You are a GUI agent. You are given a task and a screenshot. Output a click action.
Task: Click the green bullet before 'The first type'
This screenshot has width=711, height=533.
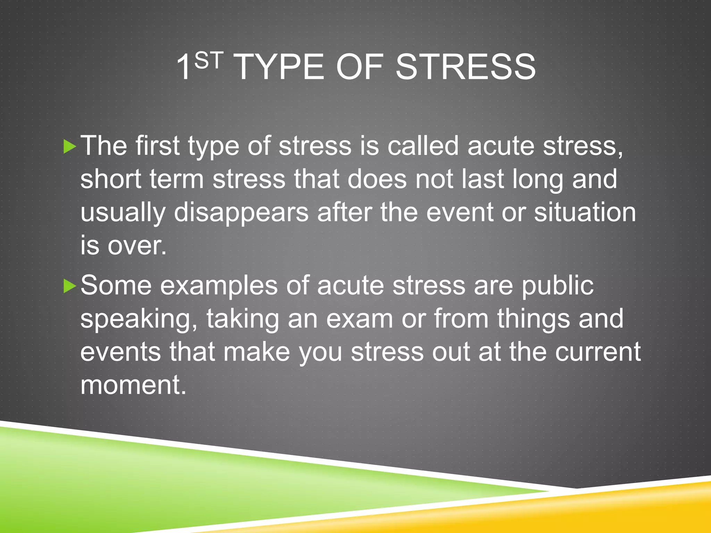point(70,147)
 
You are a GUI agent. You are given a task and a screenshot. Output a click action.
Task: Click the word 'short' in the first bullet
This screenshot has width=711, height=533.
point(111,179)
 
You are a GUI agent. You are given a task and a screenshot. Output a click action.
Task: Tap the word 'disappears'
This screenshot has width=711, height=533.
point(241,212)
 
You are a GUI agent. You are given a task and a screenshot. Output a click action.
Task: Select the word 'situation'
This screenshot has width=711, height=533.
point(585,212)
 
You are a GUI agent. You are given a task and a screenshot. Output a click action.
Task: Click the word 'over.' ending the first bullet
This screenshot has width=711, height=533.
point(137,246)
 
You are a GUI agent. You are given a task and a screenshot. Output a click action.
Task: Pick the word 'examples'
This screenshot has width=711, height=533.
point(219,286)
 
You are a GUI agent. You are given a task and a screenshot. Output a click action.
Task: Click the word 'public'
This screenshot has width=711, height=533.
point(558,286)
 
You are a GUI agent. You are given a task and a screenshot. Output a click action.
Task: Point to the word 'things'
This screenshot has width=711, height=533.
point(533,319)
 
